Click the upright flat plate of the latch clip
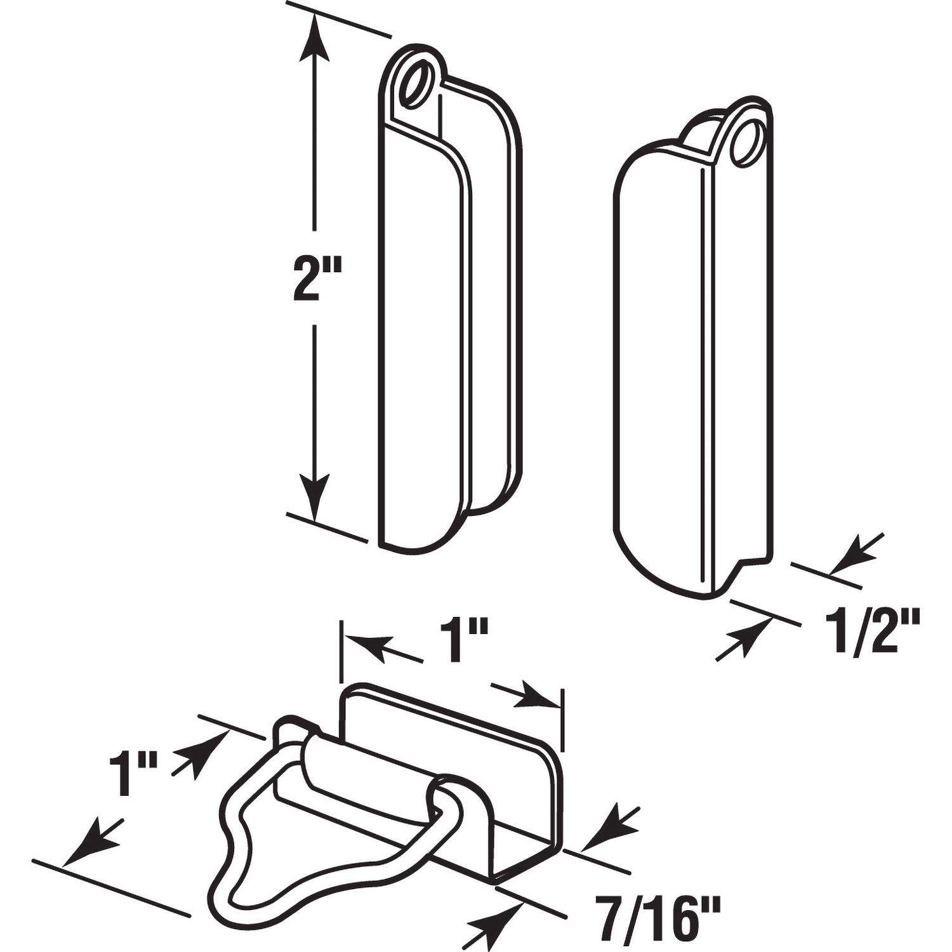click(444, 730)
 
